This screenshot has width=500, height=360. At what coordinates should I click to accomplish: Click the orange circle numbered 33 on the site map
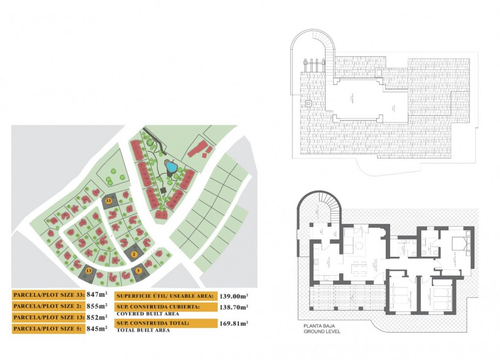[108, 200]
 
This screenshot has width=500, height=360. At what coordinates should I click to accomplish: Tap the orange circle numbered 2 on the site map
[134, 254]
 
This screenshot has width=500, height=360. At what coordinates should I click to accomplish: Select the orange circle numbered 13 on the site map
[88, 270]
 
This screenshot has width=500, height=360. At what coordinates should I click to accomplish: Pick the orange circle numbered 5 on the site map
[139, 270]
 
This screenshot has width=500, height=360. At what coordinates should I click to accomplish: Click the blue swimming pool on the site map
[171, 167]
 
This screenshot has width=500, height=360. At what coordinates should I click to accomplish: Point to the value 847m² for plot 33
[97, 295]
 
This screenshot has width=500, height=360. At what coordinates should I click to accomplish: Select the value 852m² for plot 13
[97, 317]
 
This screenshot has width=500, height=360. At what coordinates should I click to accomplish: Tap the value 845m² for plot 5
[97, 329]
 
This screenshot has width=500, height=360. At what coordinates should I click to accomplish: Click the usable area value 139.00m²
[234, 296]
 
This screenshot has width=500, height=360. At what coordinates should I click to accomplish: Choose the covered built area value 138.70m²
[234, 307]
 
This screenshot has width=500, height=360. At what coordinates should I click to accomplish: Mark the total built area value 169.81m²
[234, 323]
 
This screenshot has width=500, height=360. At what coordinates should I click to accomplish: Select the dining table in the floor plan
[359, 268]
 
